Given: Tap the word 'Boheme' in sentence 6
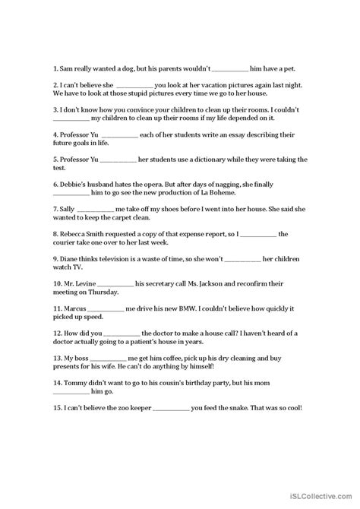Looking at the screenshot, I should point(208,197).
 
